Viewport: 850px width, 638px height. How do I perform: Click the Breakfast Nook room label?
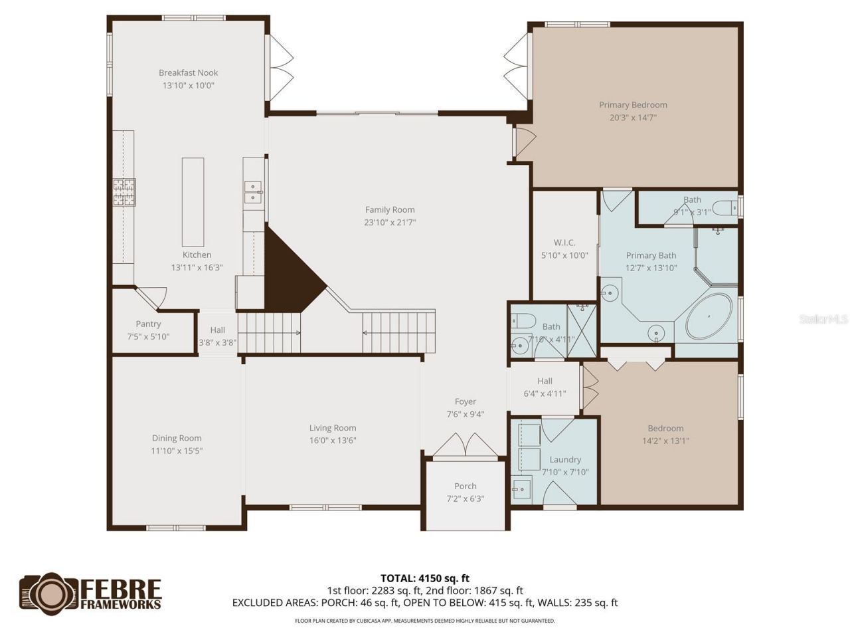point(188,72)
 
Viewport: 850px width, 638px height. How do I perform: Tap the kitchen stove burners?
point(124,193)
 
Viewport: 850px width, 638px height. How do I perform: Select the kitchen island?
point(193,202)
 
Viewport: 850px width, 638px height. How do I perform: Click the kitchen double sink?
point(253,191)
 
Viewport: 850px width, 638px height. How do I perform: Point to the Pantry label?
point(148,324)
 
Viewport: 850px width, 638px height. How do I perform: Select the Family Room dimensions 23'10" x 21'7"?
point(390,223)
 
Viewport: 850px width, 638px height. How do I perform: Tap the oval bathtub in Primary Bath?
point(709,316)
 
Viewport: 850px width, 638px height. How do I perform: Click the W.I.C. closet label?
point(564,243)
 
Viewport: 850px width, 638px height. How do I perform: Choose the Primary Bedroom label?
point(633,104)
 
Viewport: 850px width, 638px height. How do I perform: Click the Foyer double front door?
point(465,446)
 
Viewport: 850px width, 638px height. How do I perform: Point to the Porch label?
point(465,486)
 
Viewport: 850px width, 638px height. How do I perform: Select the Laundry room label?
point(565,459)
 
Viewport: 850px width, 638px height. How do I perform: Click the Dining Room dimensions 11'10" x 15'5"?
point(177,451)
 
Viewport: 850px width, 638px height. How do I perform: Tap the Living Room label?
point(333,428)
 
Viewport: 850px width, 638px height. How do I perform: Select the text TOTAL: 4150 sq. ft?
point(425,578)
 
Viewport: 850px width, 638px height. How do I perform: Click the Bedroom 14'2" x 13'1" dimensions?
point(665,441)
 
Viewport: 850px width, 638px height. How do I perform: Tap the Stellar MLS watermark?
point(823,320)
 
